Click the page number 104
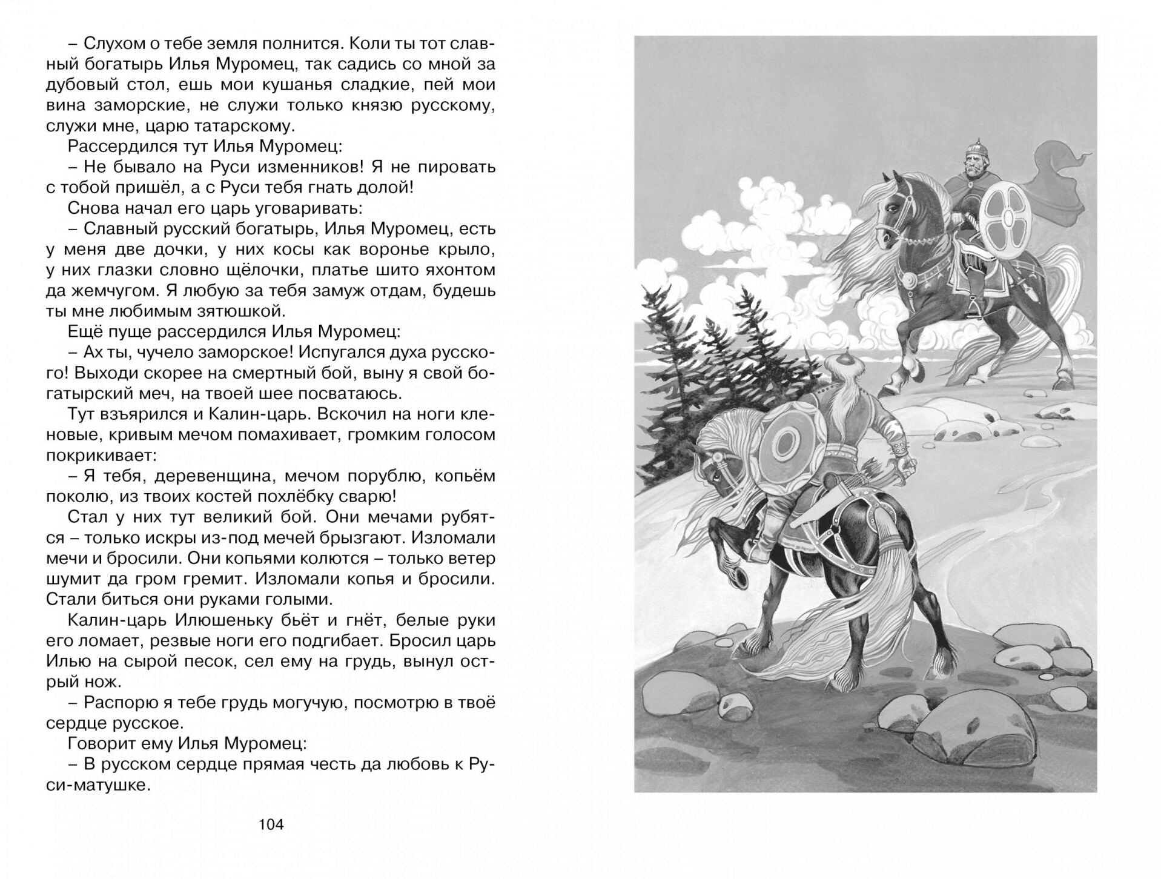click(271, 824)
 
